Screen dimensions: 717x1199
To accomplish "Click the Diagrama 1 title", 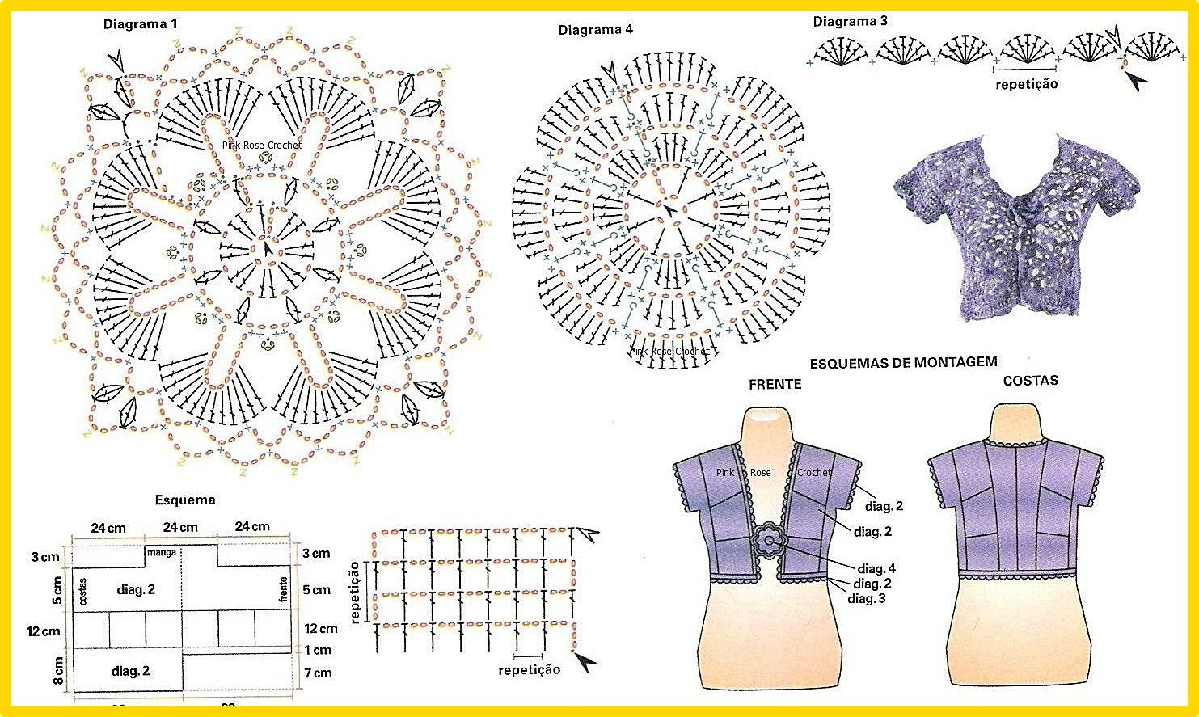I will pos(140,24).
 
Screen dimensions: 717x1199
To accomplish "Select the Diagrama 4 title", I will pos(595,30).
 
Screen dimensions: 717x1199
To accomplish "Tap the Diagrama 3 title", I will pos(850,21).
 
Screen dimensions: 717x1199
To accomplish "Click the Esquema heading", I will pos(185,500).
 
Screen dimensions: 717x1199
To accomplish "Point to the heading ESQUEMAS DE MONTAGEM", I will pos(903,363).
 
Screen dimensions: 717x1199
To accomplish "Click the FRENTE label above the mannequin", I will pos(775,384).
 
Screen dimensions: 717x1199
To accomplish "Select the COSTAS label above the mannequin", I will pos(1030,380).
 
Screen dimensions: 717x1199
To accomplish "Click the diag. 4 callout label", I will pos(876,568).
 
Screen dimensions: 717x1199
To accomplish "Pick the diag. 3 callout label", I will pos(866,598).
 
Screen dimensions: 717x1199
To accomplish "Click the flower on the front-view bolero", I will pos(768,541).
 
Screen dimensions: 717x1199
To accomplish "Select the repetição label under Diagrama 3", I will pos(1026,83).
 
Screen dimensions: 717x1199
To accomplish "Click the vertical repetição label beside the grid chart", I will pos(354,593).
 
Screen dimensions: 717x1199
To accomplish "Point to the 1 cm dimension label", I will pos(318,650).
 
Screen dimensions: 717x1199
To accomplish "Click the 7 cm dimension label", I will pos(318,673).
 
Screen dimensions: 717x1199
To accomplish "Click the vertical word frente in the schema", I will pos(283,588).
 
